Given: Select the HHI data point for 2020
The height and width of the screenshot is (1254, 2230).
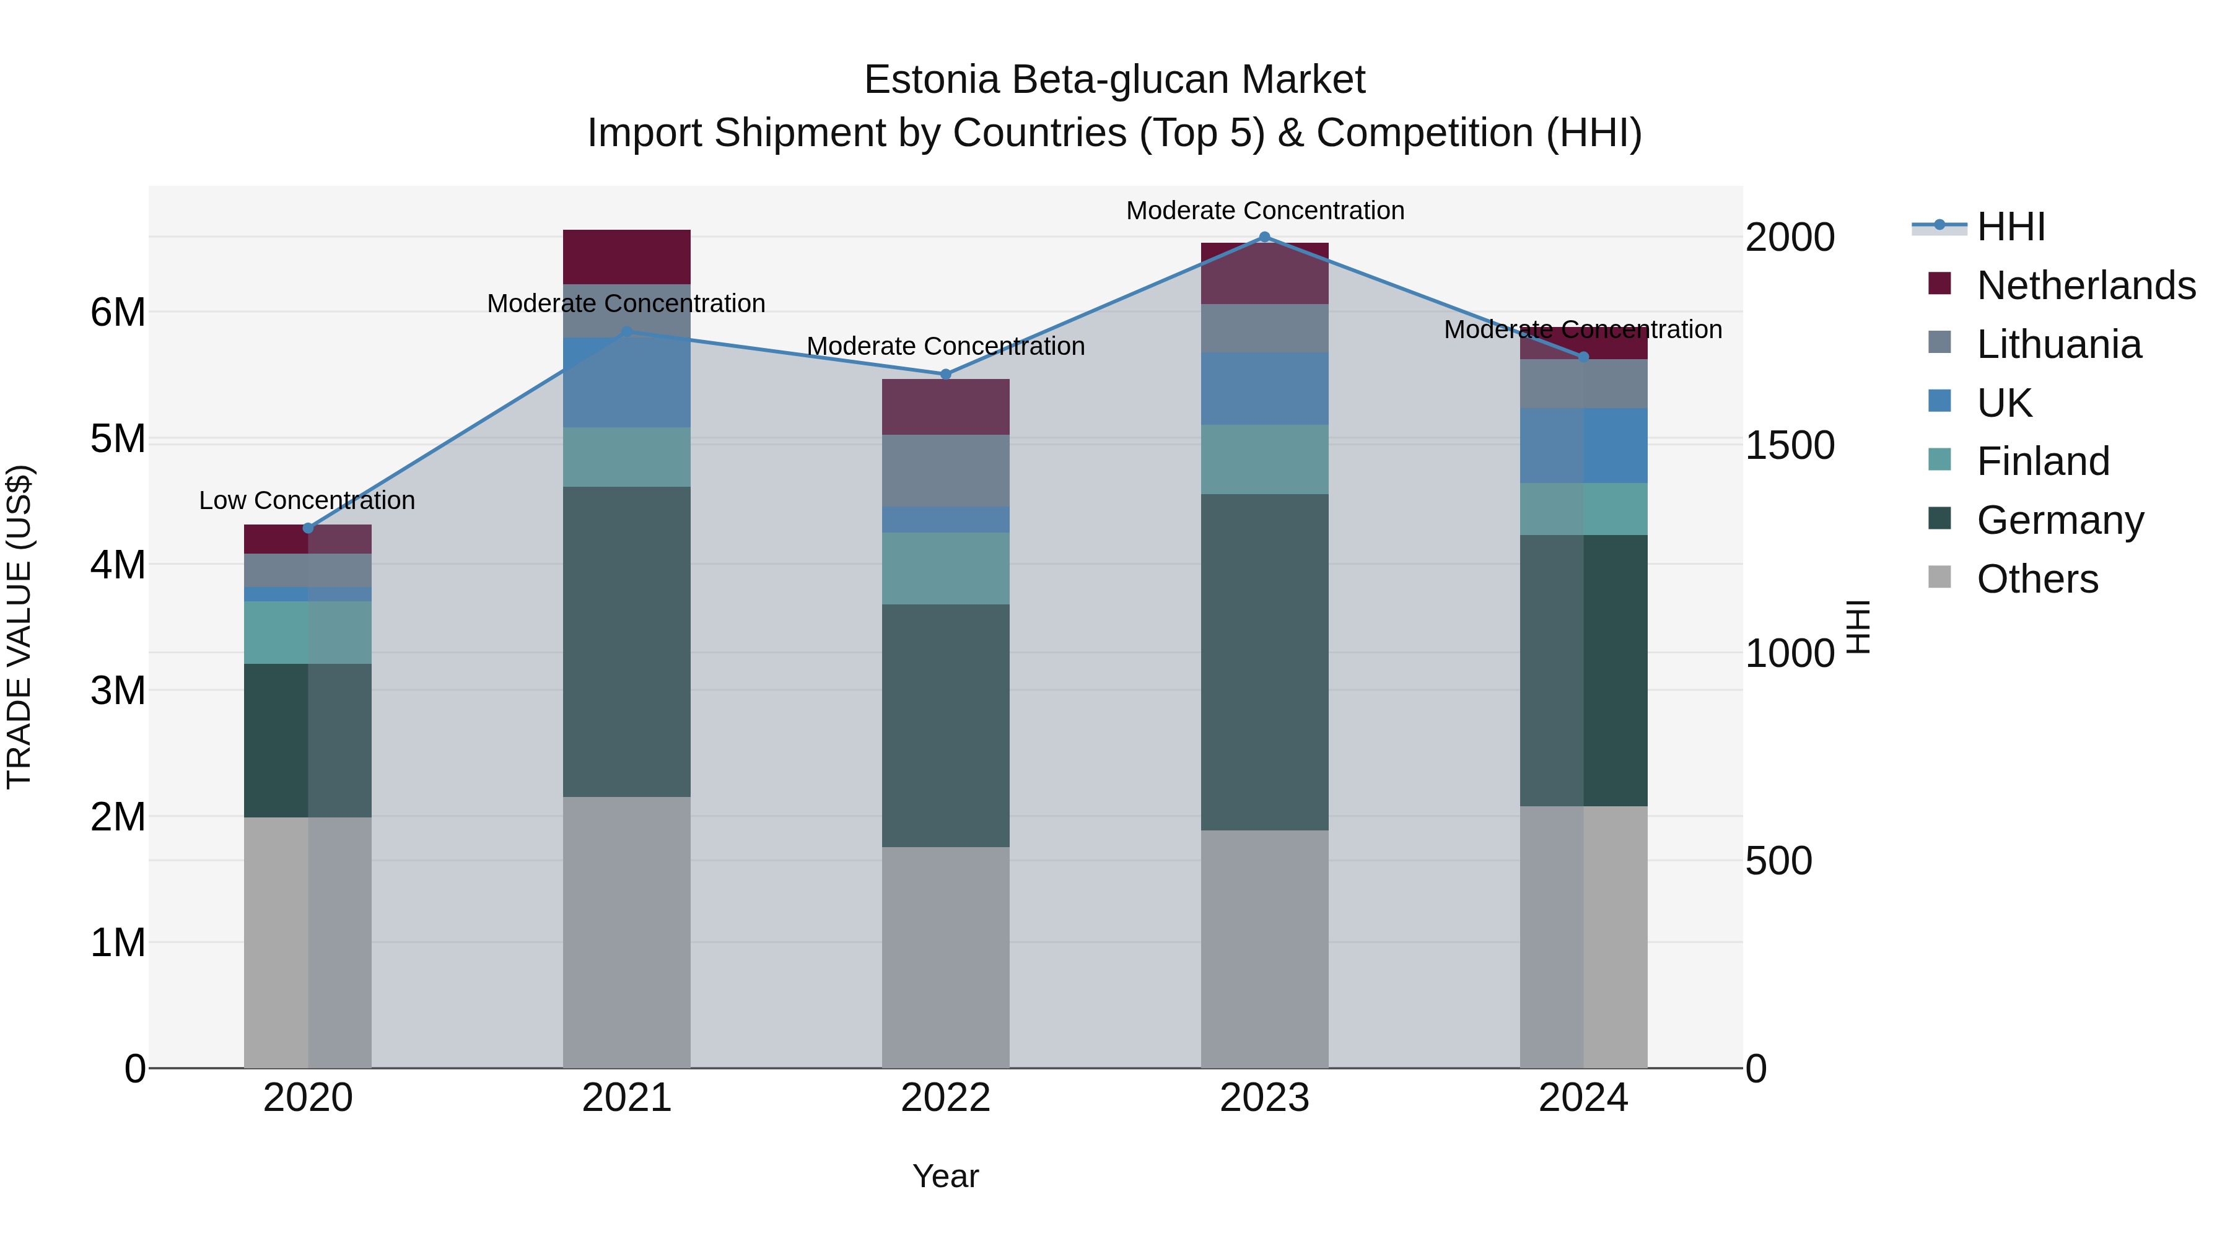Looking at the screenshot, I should tap(308, 528).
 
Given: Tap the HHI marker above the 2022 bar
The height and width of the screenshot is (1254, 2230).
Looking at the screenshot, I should tap(945, 375).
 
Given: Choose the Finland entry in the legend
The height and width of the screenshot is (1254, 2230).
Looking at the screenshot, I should tap(2043, 461).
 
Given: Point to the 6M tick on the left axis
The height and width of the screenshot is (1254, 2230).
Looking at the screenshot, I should tap(118, 313).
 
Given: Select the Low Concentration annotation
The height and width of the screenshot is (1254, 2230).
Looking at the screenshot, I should tap(307, 500).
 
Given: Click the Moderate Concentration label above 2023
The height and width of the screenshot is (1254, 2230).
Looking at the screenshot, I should tap(1265, 211).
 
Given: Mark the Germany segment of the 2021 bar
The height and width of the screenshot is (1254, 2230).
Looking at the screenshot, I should tap(627, 642).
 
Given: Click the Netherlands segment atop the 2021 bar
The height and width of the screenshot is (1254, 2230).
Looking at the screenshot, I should tap(627, 257).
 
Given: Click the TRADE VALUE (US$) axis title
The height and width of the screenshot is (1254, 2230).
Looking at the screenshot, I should tap(19, 627).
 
